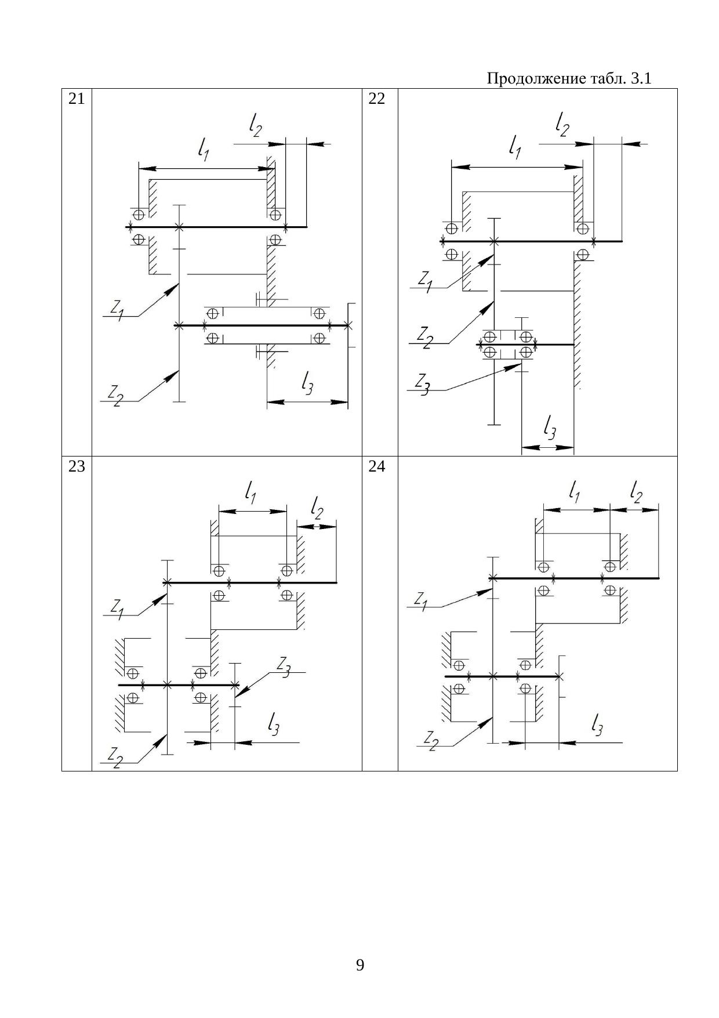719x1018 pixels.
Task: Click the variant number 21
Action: pyautogui.click(x=77, y=99)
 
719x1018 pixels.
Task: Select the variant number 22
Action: pyautogui.click(x=377, y=99)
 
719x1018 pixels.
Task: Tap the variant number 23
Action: pyautogui.click(x=77, y=466)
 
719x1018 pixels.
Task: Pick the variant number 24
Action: pyautogui.click(x=377, y=466)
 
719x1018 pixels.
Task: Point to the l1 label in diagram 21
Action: pyautogui.click(x=204, y=151)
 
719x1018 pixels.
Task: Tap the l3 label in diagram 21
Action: pyautogui.click(x=307, y=383)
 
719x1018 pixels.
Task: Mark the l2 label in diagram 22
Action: pyautogui.click(x=562, y=124)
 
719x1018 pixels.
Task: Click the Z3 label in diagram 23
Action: pyautogui.click(x=284, y=666)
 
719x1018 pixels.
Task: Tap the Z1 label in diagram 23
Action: pyautogui.click(x=117, y=608)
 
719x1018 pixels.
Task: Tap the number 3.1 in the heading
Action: pyautogui.click(x=640, y=78)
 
